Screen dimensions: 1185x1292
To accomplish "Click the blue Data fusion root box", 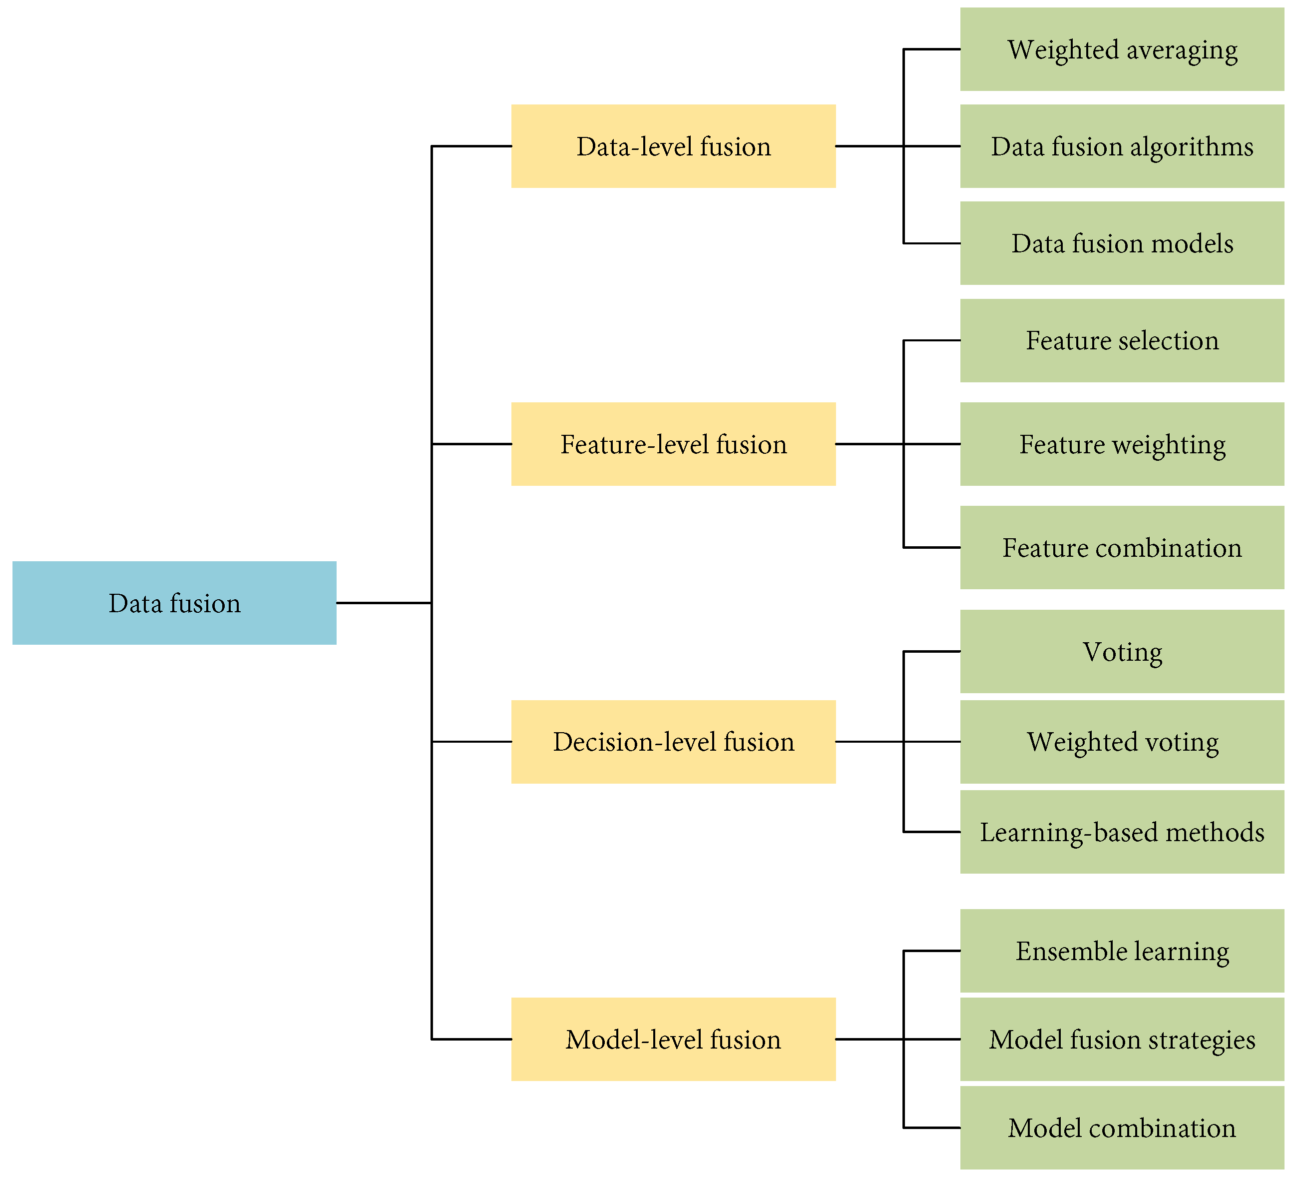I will [x=174, y=603].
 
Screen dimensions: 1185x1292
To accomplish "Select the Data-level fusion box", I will [x=673, y=146].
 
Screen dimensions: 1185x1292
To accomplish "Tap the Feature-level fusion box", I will [x=673, y=444].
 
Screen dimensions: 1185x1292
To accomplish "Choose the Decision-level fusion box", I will [x=673, y=741].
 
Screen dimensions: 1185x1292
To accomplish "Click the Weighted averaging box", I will [x=1122, y=49].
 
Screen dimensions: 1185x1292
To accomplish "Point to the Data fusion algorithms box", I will [x=1122, y=146].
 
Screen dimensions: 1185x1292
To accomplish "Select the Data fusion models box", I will [x=1122, y=243].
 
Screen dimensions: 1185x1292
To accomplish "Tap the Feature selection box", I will [x=1122, y=340].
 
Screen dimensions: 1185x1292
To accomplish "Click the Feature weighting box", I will [x=1122, y=444].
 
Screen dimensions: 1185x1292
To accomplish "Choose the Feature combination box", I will [x=1122, y=548].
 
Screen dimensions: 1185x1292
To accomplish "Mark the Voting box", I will [x=1122, y=652].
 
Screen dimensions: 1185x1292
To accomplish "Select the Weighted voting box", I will [x=1122, y=741].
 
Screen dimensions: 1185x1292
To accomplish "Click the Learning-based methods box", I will [x=1122, y=832].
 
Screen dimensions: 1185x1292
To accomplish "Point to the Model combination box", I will [x=1122, y=1128].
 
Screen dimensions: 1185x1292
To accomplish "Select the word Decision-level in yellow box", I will [x=634, y=742].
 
